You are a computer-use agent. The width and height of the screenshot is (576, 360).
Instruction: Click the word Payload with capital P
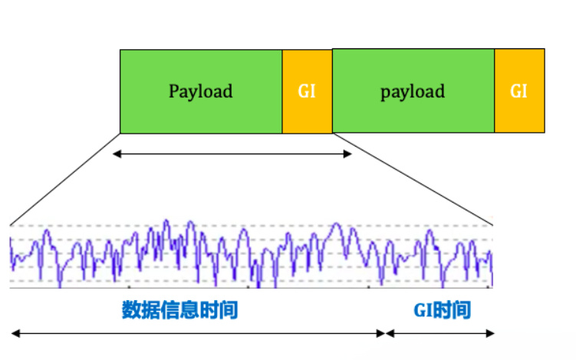201,91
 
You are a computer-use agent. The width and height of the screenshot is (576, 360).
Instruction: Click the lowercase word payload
413,91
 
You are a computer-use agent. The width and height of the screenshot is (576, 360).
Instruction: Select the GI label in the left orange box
307,91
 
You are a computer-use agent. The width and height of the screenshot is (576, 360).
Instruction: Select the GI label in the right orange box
519,91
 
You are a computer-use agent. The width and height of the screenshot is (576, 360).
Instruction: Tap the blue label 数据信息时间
180,309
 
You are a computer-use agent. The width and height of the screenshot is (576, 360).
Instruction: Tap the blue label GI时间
443,310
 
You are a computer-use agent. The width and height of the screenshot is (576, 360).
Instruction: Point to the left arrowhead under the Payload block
117,154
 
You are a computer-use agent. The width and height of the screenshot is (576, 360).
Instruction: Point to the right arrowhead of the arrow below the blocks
347,154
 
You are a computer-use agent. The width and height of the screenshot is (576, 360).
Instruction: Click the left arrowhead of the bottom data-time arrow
15,334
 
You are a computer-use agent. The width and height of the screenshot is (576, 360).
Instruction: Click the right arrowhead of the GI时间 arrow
490,334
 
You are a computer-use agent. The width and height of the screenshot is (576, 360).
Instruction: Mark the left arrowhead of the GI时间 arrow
390,334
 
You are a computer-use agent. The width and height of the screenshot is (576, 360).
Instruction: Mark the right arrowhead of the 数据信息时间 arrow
381,334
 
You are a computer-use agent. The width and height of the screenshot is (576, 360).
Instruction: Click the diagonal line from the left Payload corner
65,179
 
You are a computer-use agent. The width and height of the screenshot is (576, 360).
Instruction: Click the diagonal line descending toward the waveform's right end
413,179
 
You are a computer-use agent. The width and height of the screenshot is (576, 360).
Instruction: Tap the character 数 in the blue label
131,309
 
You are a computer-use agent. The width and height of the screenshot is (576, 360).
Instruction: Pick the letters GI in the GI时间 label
423,310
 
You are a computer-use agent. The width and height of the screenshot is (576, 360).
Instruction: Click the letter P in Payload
174,91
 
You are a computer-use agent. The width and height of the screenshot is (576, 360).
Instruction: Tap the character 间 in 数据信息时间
229,309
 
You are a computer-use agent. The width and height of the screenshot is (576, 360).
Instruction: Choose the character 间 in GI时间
462,310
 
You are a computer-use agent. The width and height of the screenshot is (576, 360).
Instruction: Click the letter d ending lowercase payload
440,91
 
